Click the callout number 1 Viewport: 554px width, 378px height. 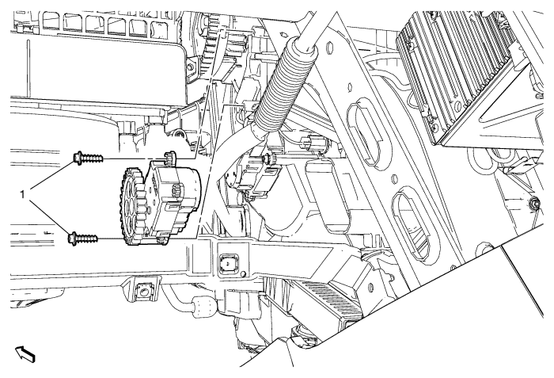[x=23, y=194]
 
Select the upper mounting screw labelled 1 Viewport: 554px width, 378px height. [x=89, y=157]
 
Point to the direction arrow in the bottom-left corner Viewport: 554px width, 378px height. [x=25, y=353]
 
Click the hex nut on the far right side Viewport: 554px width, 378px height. [x=533, y=203]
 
